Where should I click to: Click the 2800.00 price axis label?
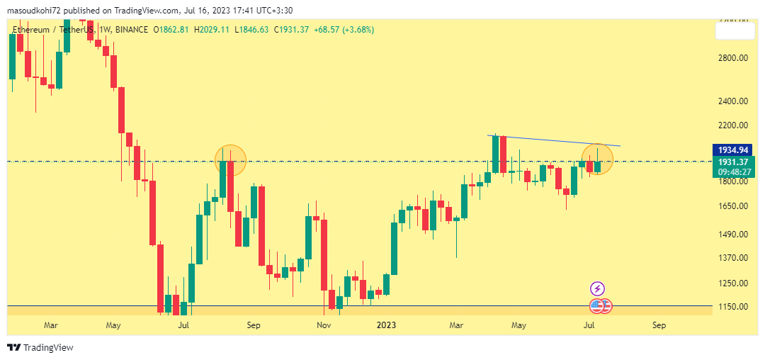pyautogui.click(x=734, y=58)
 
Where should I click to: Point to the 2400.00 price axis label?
pyautogui.click(x=734, y=101)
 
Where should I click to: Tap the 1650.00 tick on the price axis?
pyautogui.click(x=734, y=206)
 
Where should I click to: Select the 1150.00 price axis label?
pyautogui.click(x=734, y=307)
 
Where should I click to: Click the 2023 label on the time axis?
pyautogui.click(x=386, y=325)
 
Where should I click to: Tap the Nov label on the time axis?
pyautogui.click(x=324, y=325)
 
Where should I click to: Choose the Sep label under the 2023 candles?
pyautogui.click(x=659, y=325)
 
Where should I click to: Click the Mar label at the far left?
pyautogui.click(x=50, y=325)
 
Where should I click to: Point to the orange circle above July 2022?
pyautogui.click(x=229, y=160)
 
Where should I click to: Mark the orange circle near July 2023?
pyautogui.click(x=597, y=159)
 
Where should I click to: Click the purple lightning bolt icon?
pyautogui.click(x=598, y=288)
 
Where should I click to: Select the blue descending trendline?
pyautogui.click(x=552, y=140)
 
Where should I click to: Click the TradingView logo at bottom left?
pyautogui.click(x=40, y=347)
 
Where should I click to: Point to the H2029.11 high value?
pyautogui.click(x=212, y=30)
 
